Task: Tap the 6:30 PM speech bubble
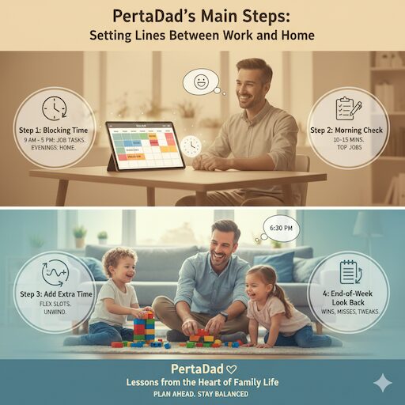point(281,228)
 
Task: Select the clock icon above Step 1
point(54,108)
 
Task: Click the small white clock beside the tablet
point(191,146)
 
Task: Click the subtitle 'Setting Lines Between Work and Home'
point(202,36)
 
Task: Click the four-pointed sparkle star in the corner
point(383,383)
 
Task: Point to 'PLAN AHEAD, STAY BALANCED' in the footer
point(202,394)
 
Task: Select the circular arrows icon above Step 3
point(54,274)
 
